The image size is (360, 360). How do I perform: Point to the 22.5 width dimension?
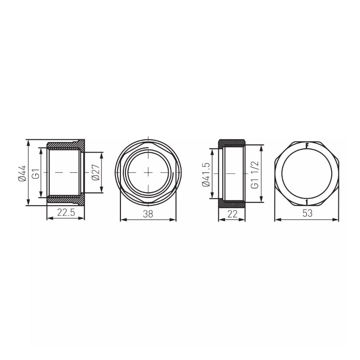(x=66, y=213)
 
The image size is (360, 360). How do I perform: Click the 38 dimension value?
(x=148, y=214)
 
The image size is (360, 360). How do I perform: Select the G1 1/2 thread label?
(x=255, y=175)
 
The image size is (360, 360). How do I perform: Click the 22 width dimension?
(x=232, y=214)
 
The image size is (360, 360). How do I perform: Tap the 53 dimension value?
(x=307, y=213)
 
